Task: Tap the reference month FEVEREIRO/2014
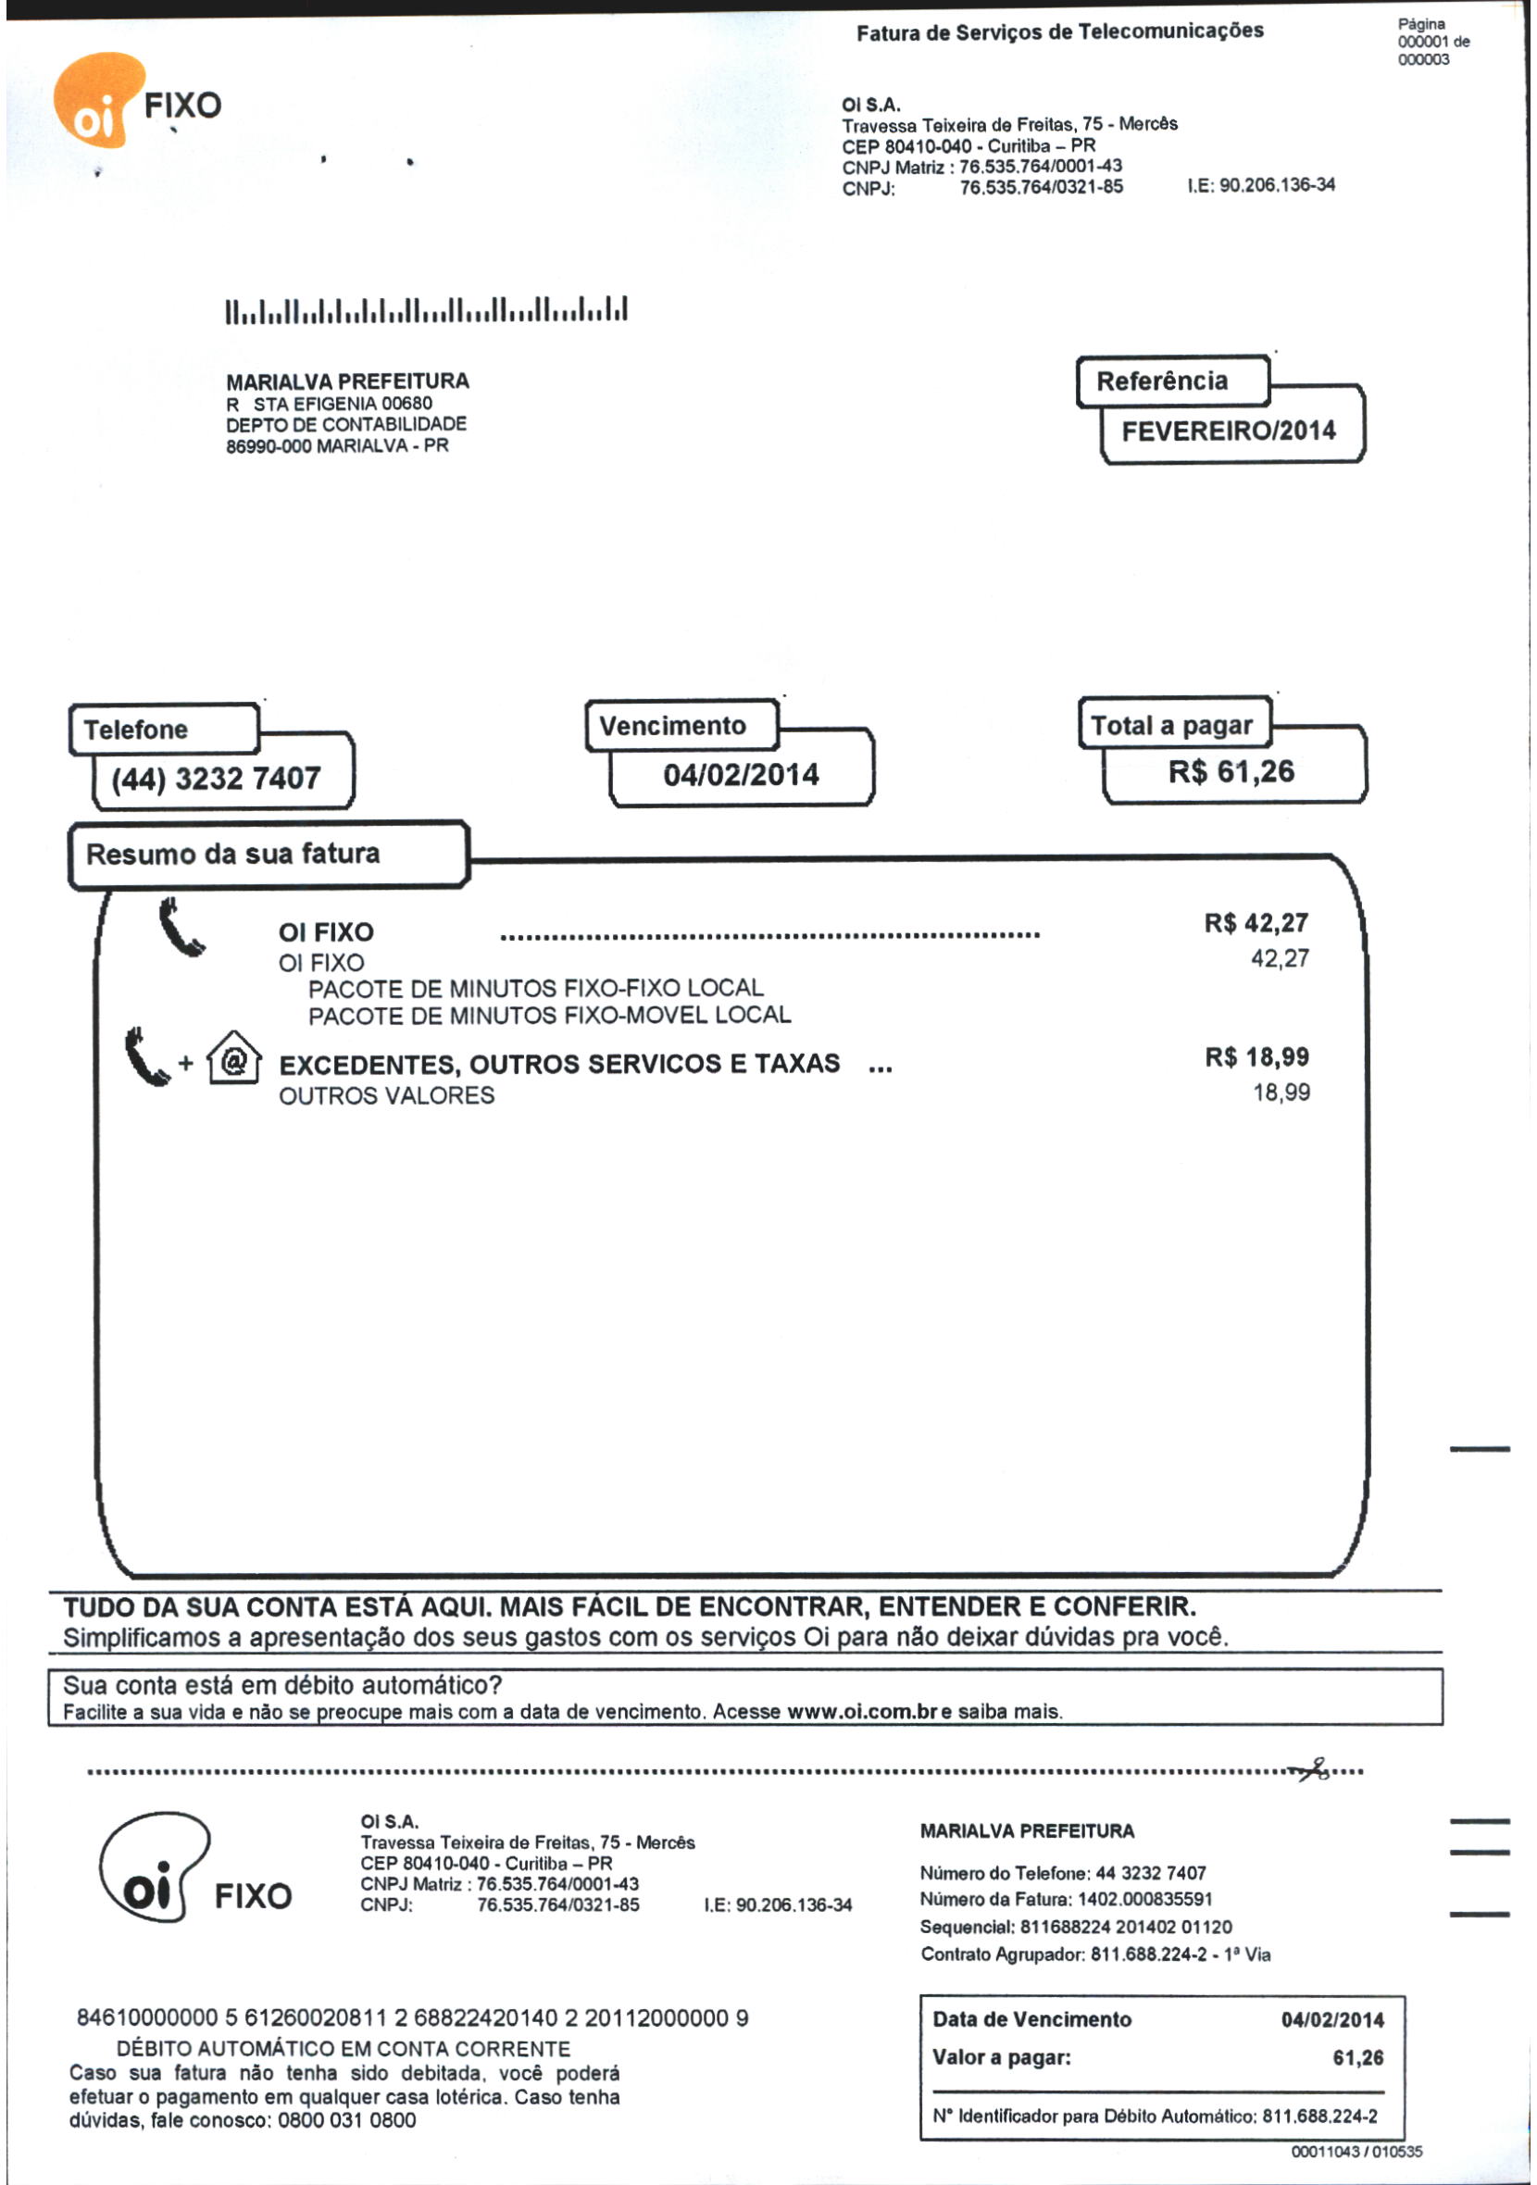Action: (x=1228, y=431)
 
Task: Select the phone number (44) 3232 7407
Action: (x=216, y=779)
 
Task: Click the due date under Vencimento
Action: (x=741, y=775)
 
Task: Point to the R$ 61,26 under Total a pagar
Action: (x=1231, y=772)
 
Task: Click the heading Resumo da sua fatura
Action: (x=233, y=854)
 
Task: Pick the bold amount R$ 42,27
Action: (x=1256, y=923)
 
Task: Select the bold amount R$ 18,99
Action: (x=1256, y=1057)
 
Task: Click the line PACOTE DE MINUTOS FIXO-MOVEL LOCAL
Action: (x=549, y=1016)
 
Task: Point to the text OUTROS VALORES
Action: (x=386, y=1095)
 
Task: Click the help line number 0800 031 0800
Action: (x=346, y=2119)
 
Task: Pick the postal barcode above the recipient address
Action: (x=426, y=311)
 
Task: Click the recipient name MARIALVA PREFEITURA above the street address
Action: (x=347, y=381)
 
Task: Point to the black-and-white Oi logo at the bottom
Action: (x=155, y=1867)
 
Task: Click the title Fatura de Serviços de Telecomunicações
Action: (x=1059, y=32)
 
